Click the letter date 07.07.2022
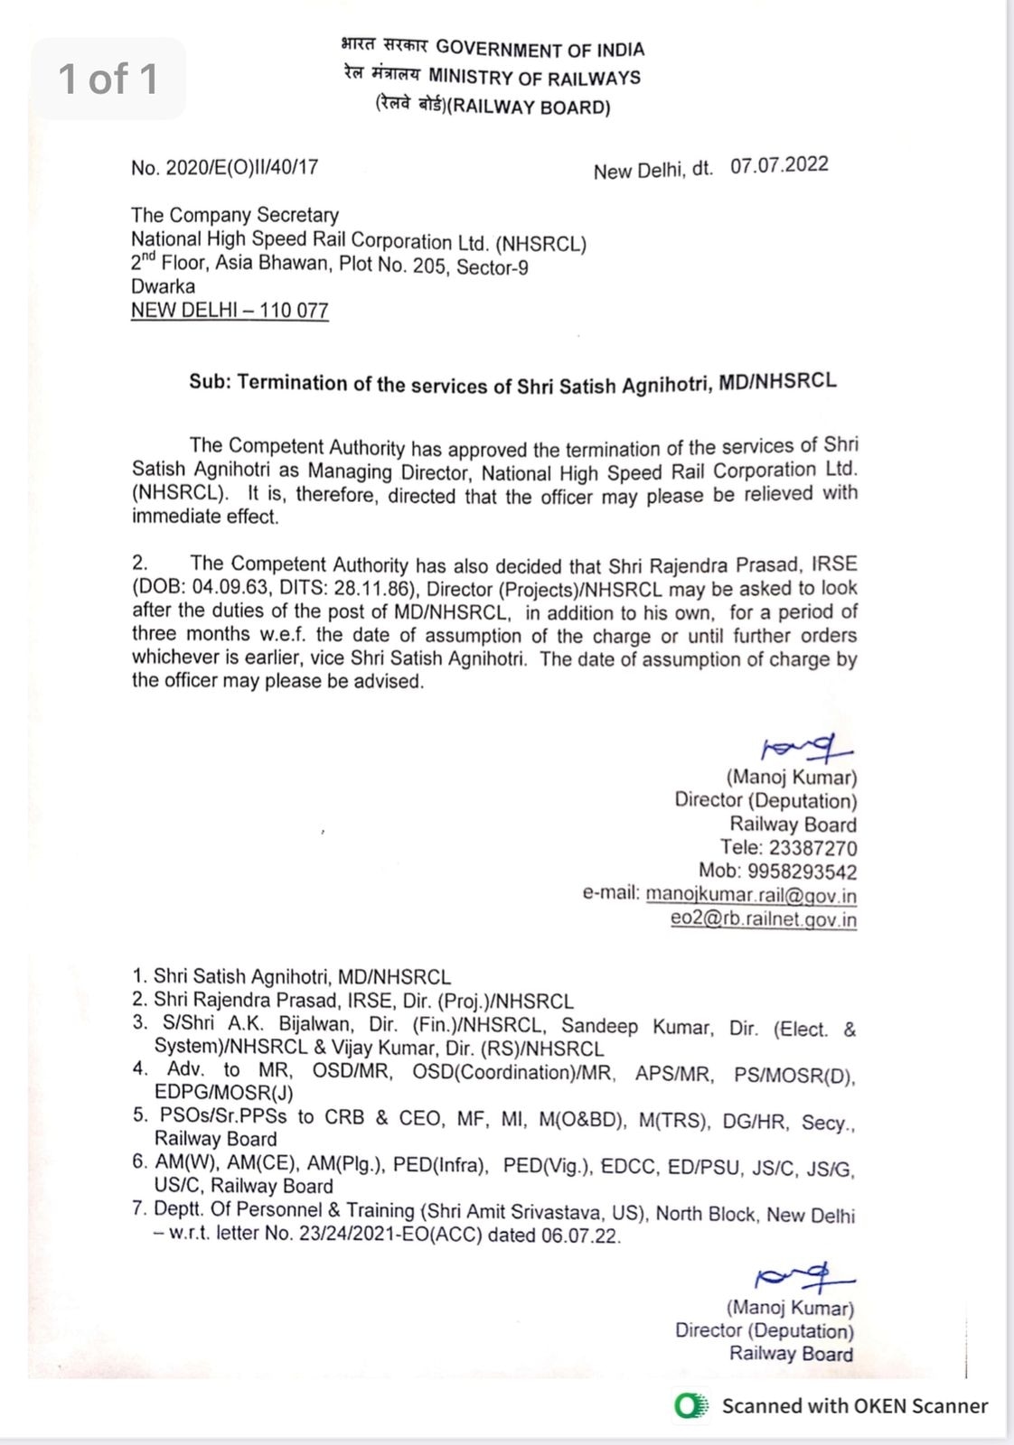point(779,165)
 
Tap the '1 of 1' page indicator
point(108,79)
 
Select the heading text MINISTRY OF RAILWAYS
point(534,78)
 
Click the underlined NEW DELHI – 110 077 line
point(230,311)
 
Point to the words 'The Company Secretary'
point(235,215)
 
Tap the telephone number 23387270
point(812,848)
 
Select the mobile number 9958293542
point(802,872)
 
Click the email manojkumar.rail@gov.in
point(751,895)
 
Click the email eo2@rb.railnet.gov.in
point(763,919)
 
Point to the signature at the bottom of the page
point(803,1278)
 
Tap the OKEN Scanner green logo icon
point(691,1406)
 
